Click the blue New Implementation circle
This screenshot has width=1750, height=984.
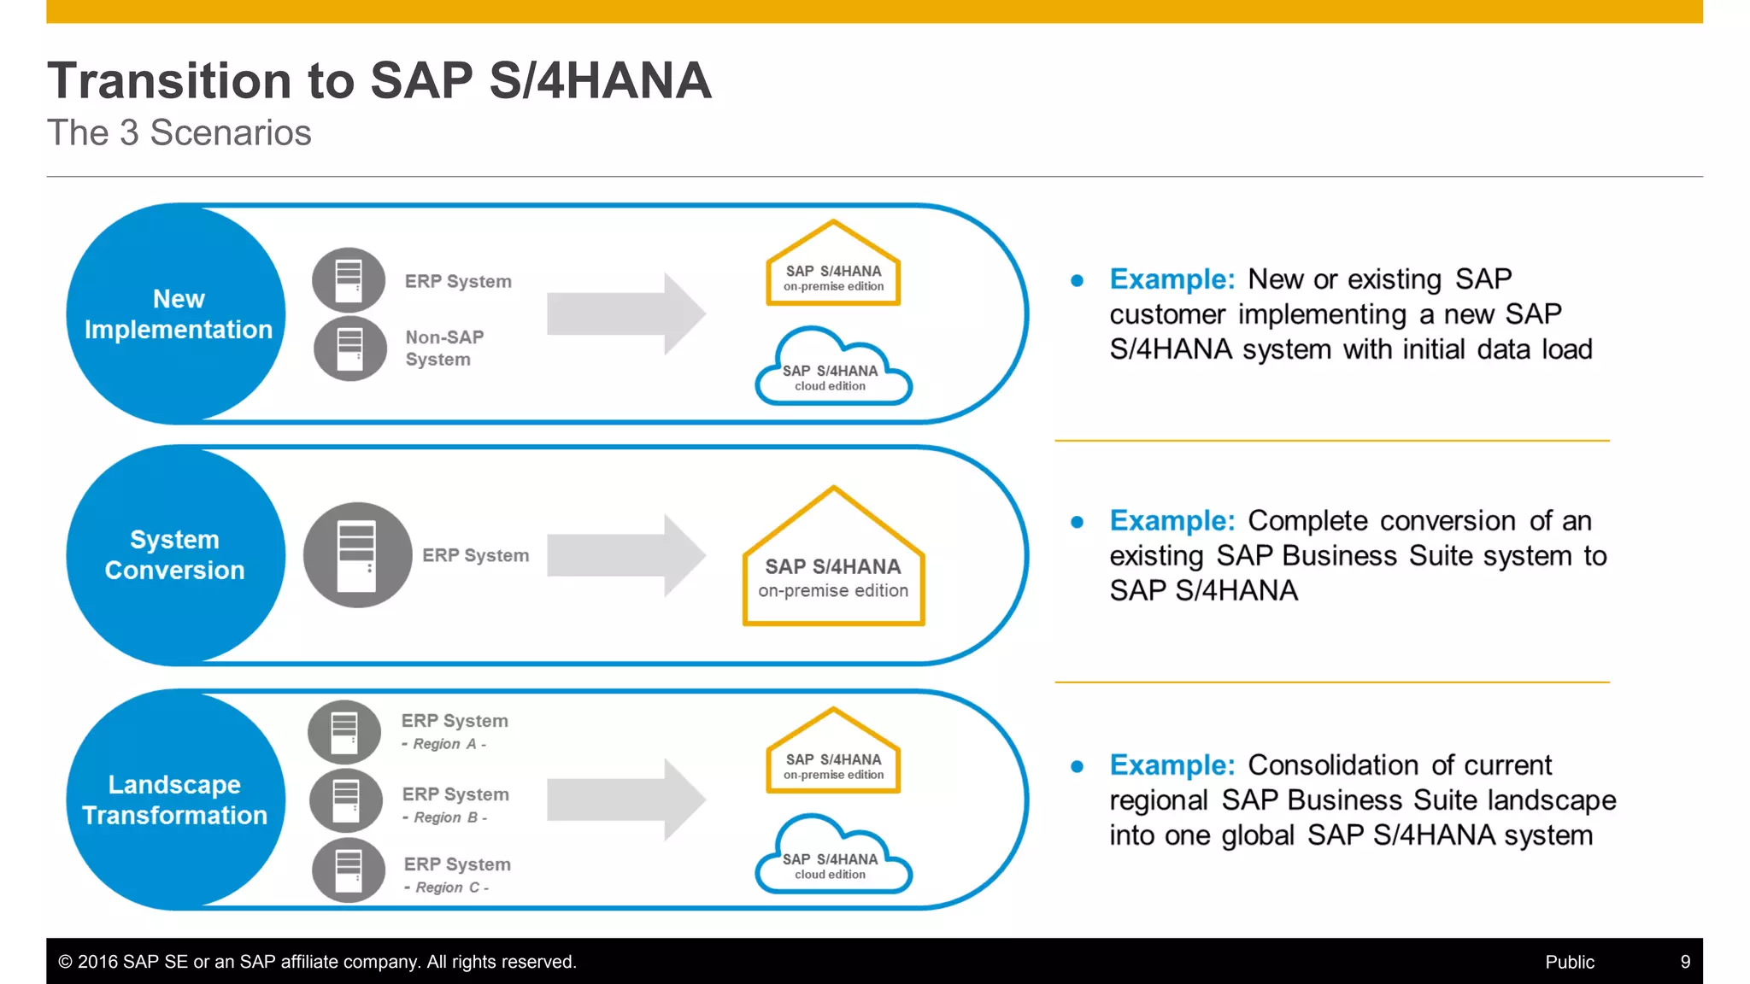(x=177, y=313)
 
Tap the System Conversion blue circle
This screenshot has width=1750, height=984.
(x=175, y=555)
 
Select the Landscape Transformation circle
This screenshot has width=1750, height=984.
(x=175, y=799)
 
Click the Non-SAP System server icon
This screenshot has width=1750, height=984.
(x=350, y=348)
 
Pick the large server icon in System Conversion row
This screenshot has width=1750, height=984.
(x=357, y=555)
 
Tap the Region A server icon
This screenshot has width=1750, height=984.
(x=344, y=732)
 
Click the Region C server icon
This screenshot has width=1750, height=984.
(x=349, y=870)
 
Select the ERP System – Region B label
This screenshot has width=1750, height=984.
(x=455, y=804)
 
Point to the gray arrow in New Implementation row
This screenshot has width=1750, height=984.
(x=625, y=313)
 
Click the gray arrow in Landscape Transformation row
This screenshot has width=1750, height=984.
(x=625, y=800)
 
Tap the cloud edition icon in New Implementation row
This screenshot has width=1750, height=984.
(x=833, y=371)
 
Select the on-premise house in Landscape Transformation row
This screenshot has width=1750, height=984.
(x=833, y=756)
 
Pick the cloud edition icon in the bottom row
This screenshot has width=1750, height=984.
(x=833, y=859)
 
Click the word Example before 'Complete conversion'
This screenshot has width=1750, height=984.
(x=1172, y=520)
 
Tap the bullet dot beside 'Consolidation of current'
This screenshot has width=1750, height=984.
(x=1077, y=767)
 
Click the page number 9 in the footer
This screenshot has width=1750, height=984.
(x=1685, y=962)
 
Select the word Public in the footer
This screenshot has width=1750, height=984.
(x=1569, y=962)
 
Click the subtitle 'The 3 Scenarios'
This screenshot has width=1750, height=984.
(x=179, y=133)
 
